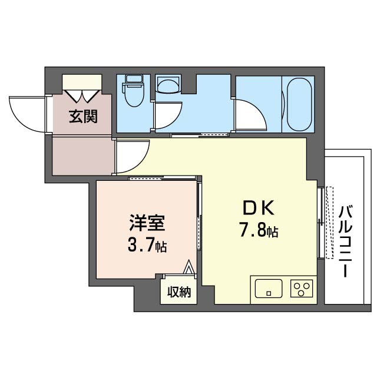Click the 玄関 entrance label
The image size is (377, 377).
pyautogui.click(x=83, y=117)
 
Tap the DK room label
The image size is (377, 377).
pyautogui.click(x=259, y=208)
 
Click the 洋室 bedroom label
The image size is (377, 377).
pyautogui.click(x=147, y=223)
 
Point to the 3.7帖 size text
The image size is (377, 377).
pyautogui.click(x=147, y=245)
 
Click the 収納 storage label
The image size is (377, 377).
pyautogui.click(x=179, y=292)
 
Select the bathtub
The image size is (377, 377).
pyautogui.click(x=299, y=104)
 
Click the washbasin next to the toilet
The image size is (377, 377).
pyautogui.click(x=168, y=85)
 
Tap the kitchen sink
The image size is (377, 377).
pyautogui.click(x=269, y=288)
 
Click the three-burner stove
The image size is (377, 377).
pyautogui.click(x=302, y=288)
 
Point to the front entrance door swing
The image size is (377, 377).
pyautogui.click(x=27, y=114)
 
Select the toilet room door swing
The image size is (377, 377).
pyautogui.click(x=169, y=115)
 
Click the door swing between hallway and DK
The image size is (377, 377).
pyautogui.click(x=133, y=157)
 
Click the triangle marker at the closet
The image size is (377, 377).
pyautogui.click(x=188, y=267)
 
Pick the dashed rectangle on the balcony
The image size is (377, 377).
pyautogui.click(x=330, y=223)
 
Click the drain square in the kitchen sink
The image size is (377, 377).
pyautogui.click(x=269, y=293)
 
